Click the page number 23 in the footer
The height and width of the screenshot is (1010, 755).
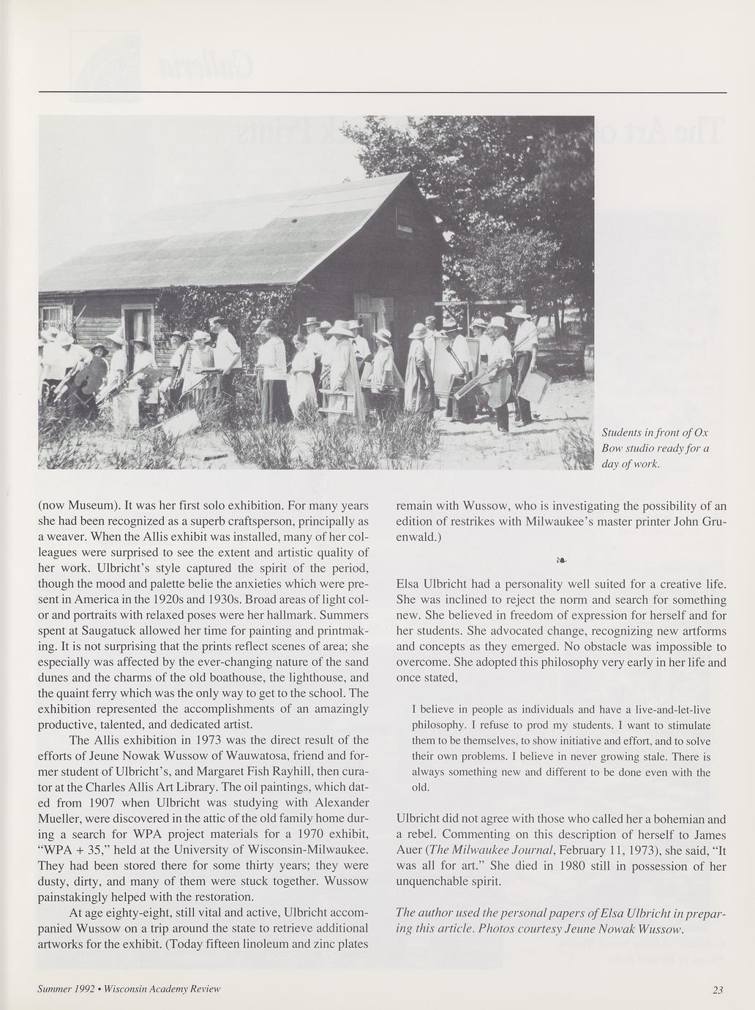pos(718,990)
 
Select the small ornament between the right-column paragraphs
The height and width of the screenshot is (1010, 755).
pos(561,561)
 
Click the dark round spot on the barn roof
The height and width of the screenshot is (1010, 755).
pos(293,220)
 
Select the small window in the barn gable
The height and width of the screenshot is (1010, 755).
pos(404,217)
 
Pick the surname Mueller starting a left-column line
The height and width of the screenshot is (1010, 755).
pos(59,818)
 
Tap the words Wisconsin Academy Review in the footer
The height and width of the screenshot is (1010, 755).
pos(162,989)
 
